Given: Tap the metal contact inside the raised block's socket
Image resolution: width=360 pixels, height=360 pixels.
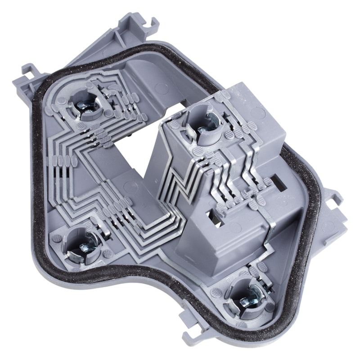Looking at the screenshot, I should [205, 124].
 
